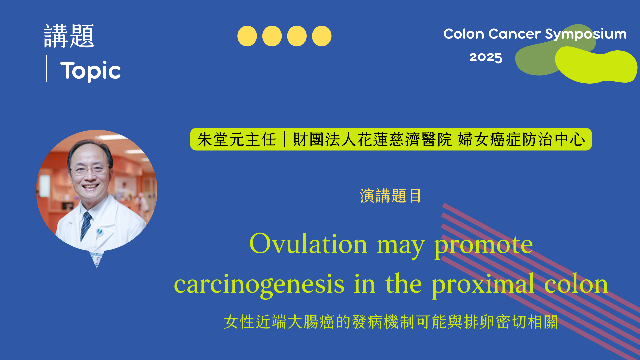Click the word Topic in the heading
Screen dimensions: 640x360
click(90, 71)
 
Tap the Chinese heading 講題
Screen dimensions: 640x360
click(69, 36)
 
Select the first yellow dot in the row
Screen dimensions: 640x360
click(247, 36)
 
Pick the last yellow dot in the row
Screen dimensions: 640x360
click(322, 36)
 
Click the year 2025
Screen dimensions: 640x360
click(486, 57)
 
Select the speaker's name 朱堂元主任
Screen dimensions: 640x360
click(236, 139)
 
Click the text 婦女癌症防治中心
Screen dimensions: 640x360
click(521, 139)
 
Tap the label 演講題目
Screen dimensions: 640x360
click(390, 196)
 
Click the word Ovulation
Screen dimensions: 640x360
click(308, 244)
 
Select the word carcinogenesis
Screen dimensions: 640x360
click(259, 284)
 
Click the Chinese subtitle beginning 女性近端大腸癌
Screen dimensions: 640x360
click(391, 322)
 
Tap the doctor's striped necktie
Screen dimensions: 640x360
click(86, 225)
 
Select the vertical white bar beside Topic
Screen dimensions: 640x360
click(47, 69)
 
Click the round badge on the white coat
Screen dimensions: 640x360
click(99, 231)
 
